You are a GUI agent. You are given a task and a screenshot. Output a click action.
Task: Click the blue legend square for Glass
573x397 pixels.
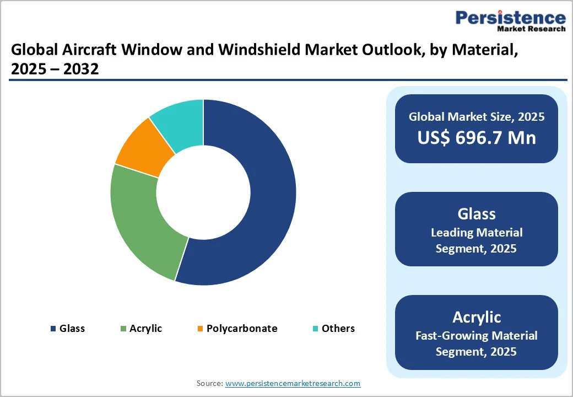click(x=53, y=329)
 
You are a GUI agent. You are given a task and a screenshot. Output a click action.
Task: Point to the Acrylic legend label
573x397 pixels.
click(x=145, y=329)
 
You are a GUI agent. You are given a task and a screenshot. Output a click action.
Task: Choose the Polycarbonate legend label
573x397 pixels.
click(x=242, y=329)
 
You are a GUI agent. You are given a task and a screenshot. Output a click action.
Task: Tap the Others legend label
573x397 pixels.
click(x=338, y=329)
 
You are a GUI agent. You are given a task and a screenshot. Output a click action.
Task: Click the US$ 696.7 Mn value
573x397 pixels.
click(x=476, y=137)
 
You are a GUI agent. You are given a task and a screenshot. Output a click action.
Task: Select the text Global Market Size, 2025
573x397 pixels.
click(x=476, y=116)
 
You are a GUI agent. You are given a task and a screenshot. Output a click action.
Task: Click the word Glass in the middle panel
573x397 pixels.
click(x=476, y=214)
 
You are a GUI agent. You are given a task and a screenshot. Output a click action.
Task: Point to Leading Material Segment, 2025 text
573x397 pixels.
click(x=476, y=240)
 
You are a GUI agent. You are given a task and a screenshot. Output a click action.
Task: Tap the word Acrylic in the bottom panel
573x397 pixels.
click(x=476, y=317)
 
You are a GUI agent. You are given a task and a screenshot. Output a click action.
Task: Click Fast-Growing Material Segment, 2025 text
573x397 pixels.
click(x=476, y=343)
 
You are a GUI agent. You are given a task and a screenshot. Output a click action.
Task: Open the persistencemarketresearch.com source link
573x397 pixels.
click(x=293, y=383)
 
